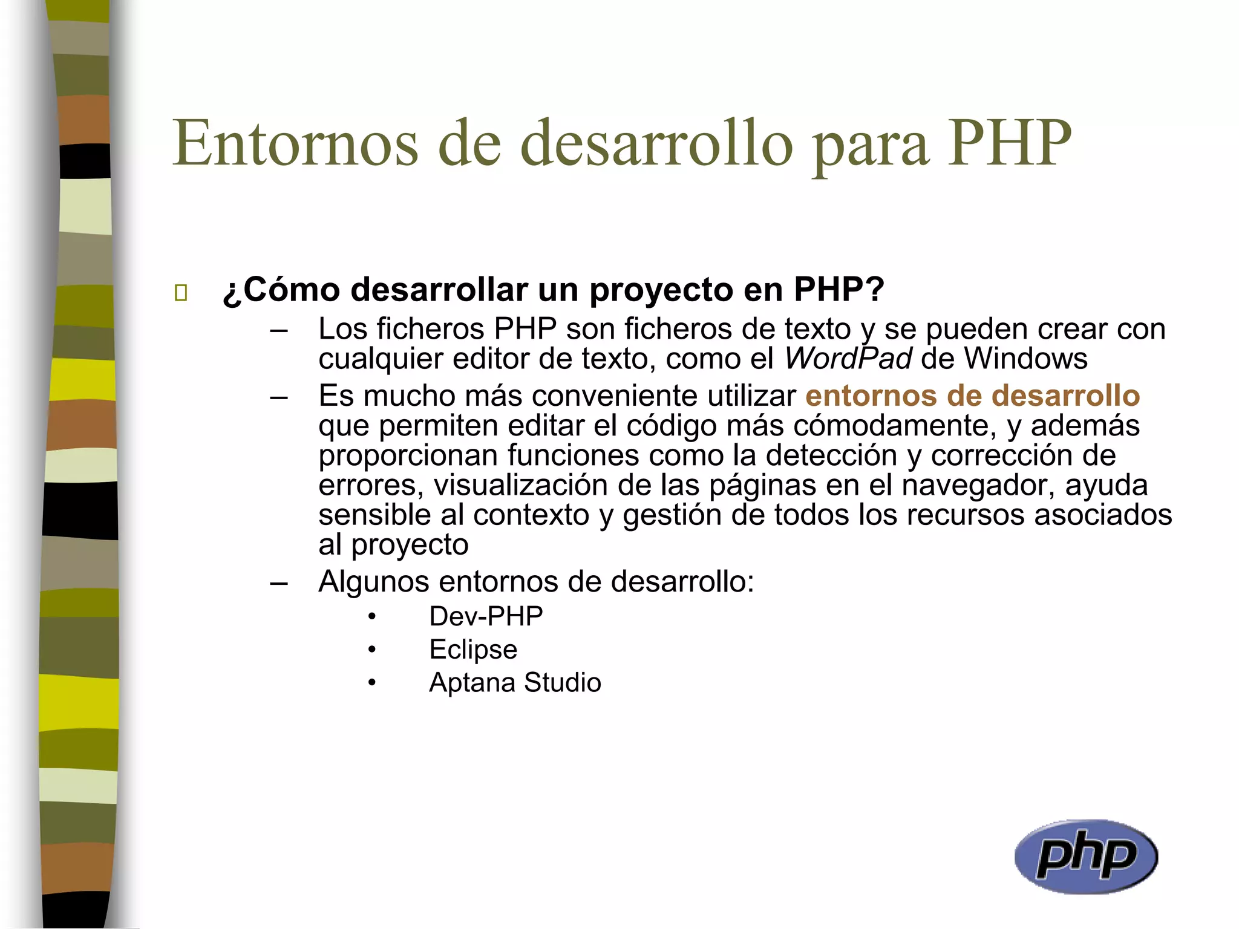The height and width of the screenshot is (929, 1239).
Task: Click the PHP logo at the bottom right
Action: click(x=1086, y=856)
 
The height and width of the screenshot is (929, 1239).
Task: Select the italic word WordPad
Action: click(x=848, y=358)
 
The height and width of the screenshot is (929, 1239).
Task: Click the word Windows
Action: click(x=1025, y=358)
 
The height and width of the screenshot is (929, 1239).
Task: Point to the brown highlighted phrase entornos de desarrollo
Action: click(x=972, y=396)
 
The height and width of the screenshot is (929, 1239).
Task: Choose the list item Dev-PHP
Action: click(x=486, y=616)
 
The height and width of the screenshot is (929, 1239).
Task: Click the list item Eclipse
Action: click(x=473, y=650)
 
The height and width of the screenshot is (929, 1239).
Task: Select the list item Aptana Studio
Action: click(x=515, y=682)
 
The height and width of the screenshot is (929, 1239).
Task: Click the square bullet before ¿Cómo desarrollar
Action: click(x=180, y=293)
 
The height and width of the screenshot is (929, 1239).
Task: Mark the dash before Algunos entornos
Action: click(x=279, y=583)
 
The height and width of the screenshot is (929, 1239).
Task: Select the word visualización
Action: click(x=520, y=485)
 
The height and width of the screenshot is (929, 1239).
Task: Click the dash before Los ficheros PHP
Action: click(x=279, y=330)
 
